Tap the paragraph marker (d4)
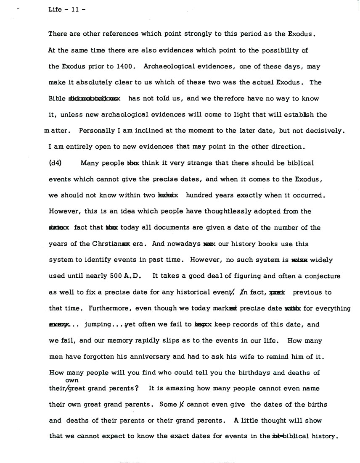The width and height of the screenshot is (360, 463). [x=56, y=163]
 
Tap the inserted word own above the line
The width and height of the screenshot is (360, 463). [x=72, y=380]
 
